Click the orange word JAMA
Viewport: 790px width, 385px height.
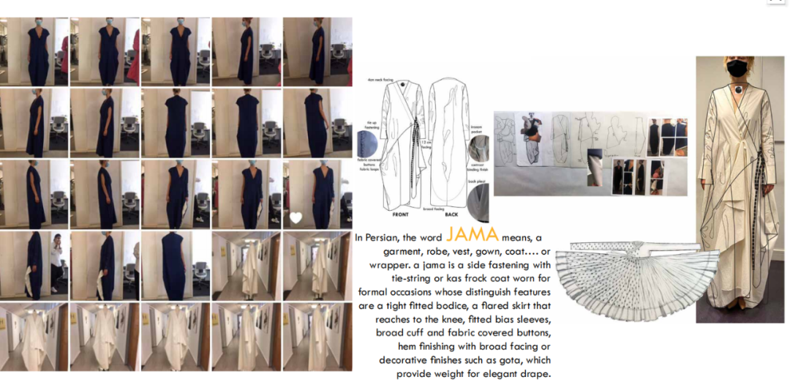[473, 234]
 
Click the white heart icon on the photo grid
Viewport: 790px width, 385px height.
[296, 217]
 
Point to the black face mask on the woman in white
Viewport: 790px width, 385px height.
[737, 68]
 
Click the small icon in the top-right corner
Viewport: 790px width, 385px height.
[775, 2]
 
